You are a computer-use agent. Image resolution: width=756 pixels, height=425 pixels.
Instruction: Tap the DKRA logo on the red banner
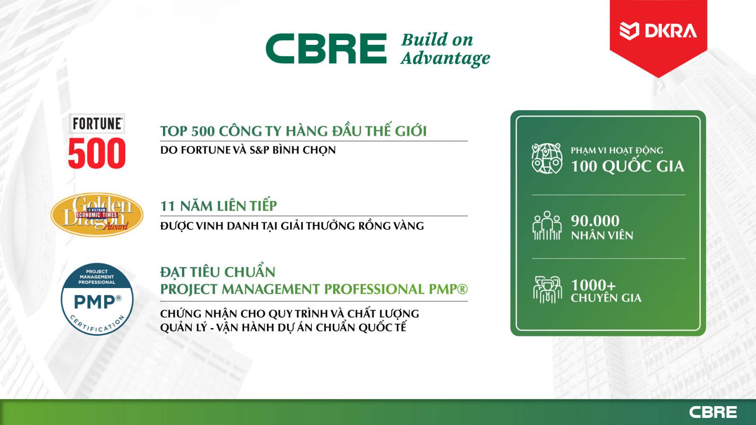click(x=658, y=31)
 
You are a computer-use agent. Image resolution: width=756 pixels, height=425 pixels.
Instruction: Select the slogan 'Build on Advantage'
click(x=446, y=49)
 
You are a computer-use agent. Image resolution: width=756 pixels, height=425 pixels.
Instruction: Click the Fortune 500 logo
click(x=97, y=141)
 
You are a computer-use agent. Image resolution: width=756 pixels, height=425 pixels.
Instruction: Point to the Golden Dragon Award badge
click(x=97, y=214)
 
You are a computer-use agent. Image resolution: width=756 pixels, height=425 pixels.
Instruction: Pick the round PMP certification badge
click(x=97, y=299)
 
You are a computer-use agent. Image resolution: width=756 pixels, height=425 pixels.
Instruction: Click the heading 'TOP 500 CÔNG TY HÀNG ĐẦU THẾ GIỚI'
click(x=293, y=131)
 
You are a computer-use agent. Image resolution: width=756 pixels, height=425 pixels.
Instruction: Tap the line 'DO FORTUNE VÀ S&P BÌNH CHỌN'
click(x=248, y=150)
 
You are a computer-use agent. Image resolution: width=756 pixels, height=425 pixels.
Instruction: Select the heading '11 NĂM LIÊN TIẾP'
click(x=218, y=206)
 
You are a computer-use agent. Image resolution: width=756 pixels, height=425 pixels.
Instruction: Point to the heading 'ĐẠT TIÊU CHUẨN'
click(x=218, y=272)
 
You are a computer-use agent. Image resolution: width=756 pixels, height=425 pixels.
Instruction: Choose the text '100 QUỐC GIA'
click(x=627, y=166)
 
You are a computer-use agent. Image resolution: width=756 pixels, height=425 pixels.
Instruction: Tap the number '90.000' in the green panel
click(x=595, y=221)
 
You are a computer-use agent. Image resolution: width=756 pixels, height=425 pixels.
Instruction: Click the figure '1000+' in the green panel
click(x=593, y=285)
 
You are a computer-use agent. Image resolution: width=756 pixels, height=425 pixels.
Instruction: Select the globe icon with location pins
click(x=547, y=159)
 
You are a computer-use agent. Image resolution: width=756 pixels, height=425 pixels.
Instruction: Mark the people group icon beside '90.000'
click(x=547, y=225)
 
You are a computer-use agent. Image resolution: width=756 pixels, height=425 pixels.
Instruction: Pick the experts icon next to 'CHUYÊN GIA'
click(x=548, y=289)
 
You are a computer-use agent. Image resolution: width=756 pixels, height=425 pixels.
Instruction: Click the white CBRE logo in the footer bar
click(x=713, y=412)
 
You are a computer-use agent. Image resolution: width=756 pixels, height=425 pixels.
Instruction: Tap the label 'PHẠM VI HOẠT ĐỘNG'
click(x=617, y=151)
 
